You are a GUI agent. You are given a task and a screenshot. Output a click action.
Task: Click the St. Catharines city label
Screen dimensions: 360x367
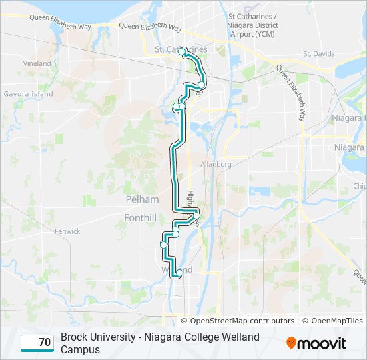(181, 50)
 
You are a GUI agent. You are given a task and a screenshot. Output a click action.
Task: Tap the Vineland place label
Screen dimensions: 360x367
(37, 64)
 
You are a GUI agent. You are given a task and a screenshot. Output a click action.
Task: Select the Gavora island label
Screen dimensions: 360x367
(27, 94)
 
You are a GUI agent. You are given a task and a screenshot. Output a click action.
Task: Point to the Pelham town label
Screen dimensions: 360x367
(142, 199)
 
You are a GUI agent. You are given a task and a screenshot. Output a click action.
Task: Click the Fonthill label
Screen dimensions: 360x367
(140, 217)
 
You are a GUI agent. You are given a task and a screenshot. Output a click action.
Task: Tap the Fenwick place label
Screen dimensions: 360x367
(67, 231)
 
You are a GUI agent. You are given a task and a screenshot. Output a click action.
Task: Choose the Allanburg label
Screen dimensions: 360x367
(215, 164)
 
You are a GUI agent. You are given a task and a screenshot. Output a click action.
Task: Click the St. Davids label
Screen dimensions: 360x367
(317, 53)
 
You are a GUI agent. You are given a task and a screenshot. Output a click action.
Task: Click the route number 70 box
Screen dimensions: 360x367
(37, 343)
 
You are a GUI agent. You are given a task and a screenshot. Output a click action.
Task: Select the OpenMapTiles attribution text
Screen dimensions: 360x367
(336, 321)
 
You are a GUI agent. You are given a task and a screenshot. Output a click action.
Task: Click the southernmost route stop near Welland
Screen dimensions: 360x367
(179, 273)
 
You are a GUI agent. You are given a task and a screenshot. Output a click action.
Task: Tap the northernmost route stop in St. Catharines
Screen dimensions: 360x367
(181, 50)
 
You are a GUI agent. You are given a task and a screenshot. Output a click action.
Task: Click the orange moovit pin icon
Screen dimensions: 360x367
(291, 343)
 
